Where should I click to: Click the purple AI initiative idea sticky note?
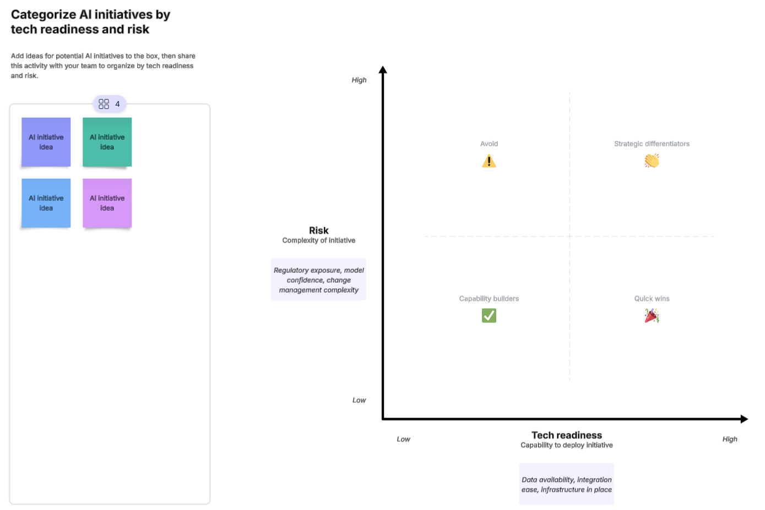coord(46,142)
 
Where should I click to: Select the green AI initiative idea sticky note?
coord(107,142)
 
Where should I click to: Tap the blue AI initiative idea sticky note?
coord(46,203)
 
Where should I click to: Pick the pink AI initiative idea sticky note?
coord(107,203)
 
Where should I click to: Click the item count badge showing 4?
coord(110,103)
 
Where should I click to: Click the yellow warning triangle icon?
coord(489,161)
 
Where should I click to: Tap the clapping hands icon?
coord(652,161)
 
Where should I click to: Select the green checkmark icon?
coord(489,315)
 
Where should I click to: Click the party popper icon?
coord(652,315)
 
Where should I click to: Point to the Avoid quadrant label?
coord(489,144)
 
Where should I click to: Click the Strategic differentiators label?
coord(652,144)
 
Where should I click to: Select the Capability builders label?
coord(489,299)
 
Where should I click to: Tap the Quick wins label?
coord(652,299)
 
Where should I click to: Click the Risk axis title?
coord(318,231)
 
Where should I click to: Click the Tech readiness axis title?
coord(566,435)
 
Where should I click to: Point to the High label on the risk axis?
coord(359,80)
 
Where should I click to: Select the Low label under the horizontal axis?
coord(403,439)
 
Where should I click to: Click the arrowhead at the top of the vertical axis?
coord(383,70)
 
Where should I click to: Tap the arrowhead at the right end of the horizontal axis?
coord(744,419)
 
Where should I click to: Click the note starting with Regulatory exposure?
coord(318,280)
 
